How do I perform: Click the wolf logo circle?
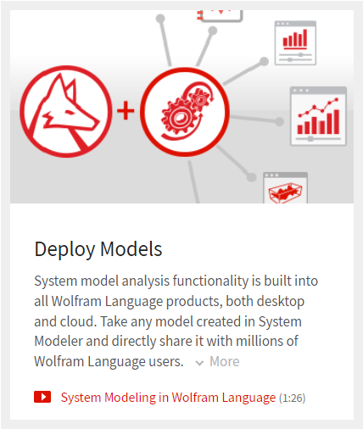pos(65,111)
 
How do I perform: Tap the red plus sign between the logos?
pos(126,111)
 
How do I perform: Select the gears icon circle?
pos(185,112)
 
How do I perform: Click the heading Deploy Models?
pos(98,249)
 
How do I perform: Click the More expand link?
pos(225,361)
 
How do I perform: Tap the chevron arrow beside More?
pos(199,363)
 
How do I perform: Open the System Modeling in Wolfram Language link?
pos(168,398)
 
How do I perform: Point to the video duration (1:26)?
pos(292,398)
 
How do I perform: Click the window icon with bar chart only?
pos(295,43)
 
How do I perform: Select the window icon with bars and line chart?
pos(318,116)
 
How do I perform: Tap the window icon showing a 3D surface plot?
pos(285,187)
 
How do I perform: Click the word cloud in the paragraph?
pos(78,321)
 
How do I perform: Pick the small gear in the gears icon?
pos(200,99)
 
